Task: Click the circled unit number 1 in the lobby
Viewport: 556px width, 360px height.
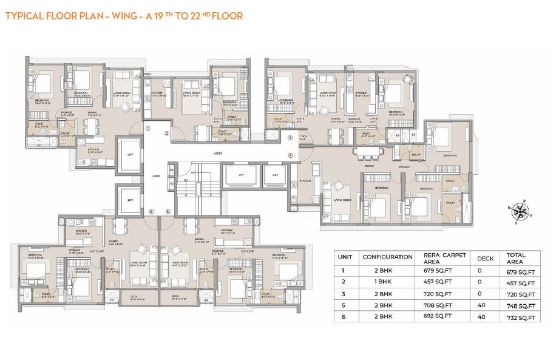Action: tap(147, 128)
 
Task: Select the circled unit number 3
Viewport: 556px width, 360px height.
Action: tap(290, 138)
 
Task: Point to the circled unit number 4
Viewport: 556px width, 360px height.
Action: tap(290, 155)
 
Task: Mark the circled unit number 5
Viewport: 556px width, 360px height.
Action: tap(167, 211)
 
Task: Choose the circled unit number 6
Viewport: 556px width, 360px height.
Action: tap(151, 211)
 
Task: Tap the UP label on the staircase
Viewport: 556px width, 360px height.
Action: tap(193, 172)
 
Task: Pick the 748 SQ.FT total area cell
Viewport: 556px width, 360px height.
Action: tap(523, 306)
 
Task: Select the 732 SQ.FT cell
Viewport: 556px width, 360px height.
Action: tap(523, 318)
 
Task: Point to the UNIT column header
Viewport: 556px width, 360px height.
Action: tap(345, 257)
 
